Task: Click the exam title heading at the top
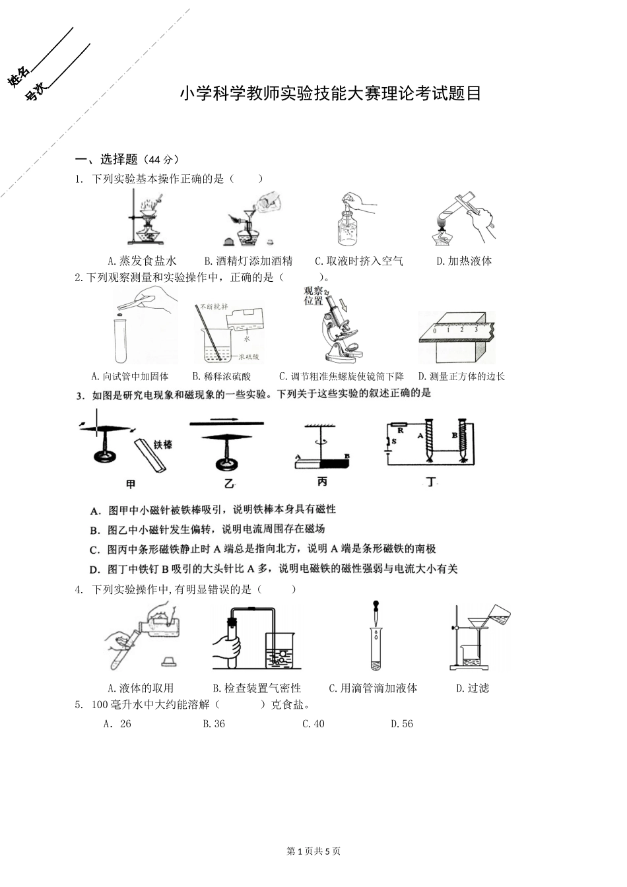click(331, 94)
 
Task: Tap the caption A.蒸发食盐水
click(142, 261)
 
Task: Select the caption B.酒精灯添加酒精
click(248, 261)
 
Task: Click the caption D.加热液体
click(464, 261)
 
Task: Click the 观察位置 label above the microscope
click(313, 296)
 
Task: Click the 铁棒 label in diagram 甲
click(163, 445)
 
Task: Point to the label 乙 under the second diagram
click(228, 484)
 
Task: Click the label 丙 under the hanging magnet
click(322, 482)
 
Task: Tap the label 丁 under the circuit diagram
click(430, 482)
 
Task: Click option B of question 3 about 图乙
click(207, 529)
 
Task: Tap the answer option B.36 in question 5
click(214, 724)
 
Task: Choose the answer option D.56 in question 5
click(401, 724)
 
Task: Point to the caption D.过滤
click(473, 688)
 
